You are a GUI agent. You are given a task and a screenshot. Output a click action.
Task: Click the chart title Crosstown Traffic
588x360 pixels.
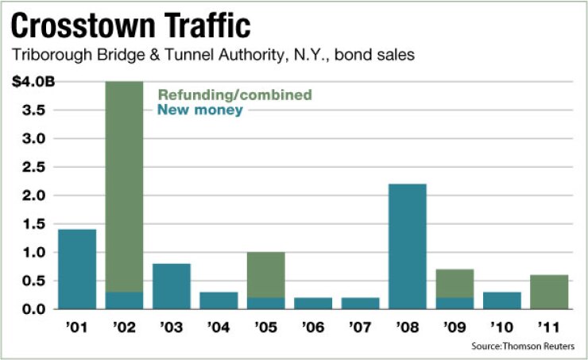(x=131, y=27)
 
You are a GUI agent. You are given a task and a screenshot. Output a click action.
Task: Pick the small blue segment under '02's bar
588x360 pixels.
(x=124, y=300)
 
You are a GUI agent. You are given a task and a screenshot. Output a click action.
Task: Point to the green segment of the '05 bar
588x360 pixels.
(x=265, y=275)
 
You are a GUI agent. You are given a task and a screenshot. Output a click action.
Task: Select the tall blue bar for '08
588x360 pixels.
(x=407, y=246)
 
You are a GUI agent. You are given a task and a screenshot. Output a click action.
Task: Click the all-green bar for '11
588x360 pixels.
(x=548, y=292)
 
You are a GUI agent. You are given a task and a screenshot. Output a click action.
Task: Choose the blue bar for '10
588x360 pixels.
(x=501, y=300)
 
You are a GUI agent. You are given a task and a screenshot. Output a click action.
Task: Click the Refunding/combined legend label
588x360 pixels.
(x=234, y=95)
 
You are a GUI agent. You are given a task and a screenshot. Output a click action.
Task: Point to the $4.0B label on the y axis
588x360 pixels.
(x=29, y=81)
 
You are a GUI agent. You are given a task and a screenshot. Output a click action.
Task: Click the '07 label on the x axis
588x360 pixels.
(x=360, y=325)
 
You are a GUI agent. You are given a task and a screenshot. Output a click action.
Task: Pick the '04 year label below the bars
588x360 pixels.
(x=218, y=325)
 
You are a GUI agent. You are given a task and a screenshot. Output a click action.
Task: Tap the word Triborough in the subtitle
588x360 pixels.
(x=47, y=56)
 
